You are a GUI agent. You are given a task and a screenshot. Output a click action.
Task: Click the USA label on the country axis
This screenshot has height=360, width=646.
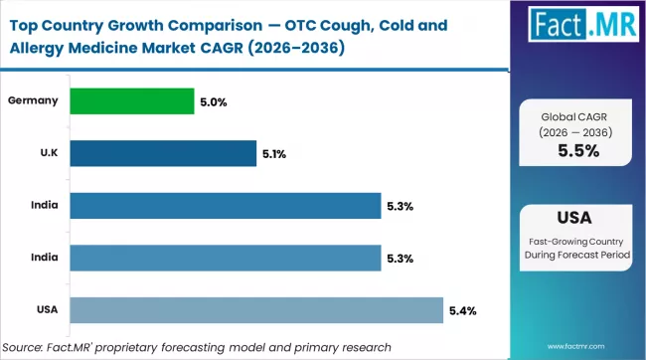pyautogui.click(x=46, y=309)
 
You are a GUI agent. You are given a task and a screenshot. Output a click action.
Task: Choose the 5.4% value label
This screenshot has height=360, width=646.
pyautogui.click(x=462, y=310)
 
